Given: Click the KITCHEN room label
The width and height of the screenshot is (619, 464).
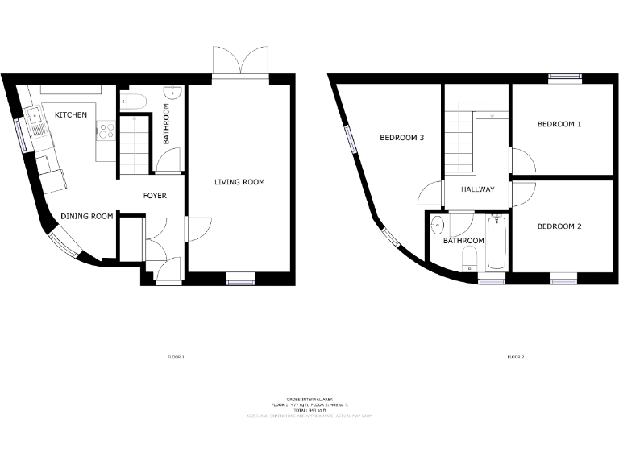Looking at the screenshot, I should pos(71,115).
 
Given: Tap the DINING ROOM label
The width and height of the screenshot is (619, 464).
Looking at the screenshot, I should pos(86,216).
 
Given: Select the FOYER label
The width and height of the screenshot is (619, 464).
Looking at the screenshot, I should pos(155,196).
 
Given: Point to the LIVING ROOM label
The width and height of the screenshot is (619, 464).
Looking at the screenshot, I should pos(239,182).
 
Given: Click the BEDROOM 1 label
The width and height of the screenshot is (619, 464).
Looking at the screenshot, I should pos(559,124).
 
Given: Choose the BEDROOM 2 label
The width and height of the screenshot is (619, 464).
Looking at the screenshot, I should pos(559,226).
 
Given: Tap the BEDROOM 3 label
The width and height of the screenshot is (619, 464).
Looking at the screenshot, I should pos(401,138).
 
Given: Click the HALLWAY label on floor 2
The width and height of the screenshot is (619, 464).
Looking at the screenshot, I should pos(477,190).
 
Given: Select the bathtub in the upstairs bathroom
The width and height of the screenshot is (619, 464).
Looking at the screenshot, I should pos(496,242).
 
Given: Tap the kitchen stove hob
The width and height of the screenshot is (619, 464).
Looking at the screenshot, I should pos(106,130).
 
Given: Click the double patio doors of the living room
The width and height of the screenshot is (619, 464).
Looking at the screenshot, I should pos(239,60).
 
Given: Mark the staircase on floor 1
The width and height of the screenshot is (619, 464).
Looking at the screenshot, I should pos(135,146).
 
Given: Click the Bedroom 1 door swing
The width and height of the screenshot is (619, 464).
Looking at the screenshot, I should pos(521,160).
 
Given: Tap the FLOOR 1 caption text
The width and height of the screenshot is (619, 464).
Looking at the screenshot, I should pos(176,356).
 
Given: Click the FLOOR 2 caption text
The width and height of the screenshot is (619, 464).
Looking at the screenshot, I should pos(515,356).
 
